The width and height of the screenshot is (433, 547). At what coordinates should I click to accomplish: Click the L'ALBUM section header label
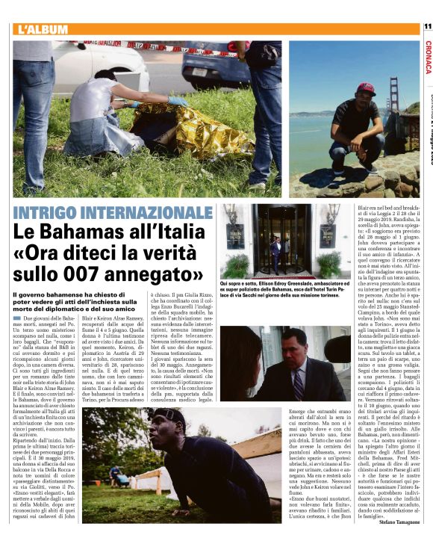pos(43,29)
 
